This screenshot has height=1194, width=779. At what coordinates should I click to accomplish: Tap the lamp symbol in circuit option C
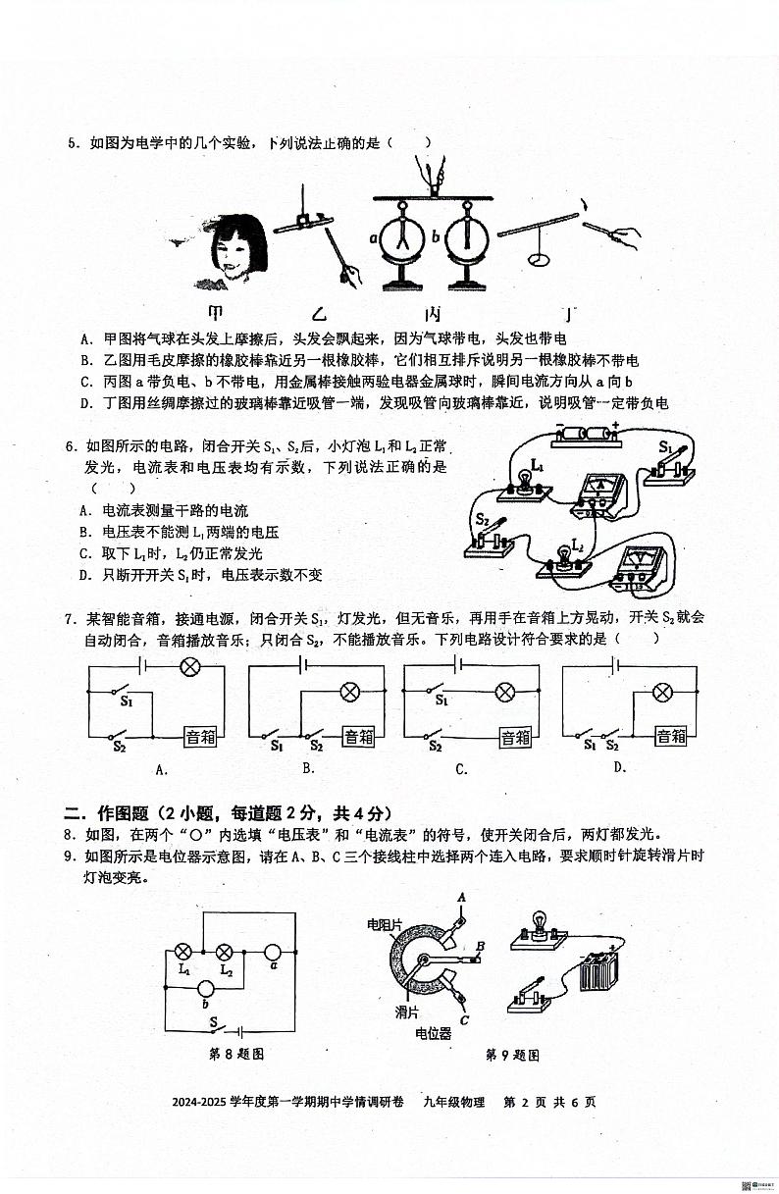(505, 693)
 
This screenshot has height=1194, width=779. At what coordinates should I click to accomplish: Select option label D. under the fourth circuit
(620, 767)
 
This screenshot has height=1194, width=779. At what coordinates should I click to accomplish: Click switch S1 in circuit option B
(281, 735)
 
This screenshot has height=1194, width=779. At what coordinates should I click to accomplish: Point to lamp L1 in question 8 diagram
(182, 951)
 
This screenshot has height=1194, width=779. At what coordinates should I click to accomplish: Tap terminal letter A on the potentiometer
(460, 897)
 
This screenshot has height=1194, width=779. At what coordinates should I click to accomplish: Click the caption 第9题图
(512, 1055)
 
